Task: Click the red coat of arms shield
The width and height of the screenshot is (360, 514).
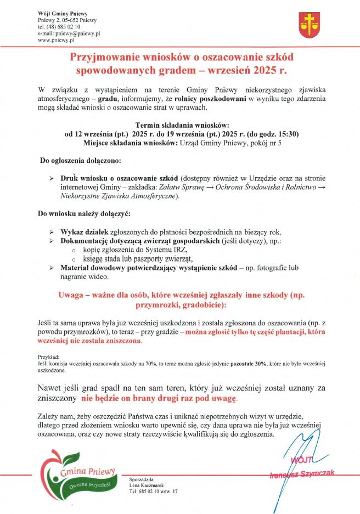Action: click(309, 24)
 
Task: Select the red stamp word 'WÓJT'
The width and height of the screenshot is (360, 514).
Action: click(303, 459)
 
